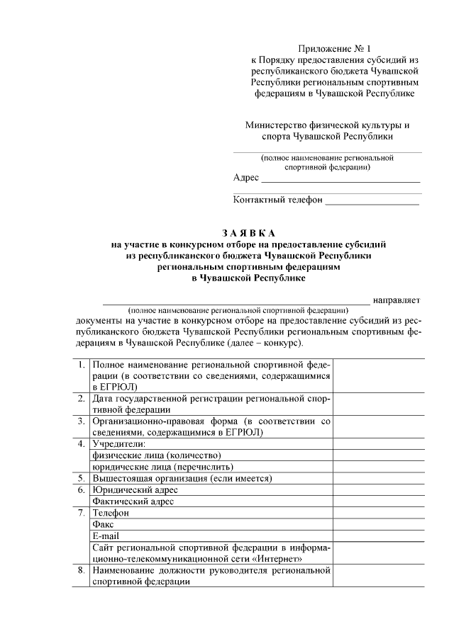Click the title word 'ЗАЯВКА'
248,233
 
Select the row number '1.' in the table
82,364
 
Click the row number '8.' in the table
82,569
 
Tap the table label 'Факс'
104,524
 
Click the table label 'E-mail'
106,535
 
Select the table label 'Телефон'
110,513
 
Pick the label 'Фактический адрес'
133,501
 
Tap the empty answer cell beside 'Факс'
379,524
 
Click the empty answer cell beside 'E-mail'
379,535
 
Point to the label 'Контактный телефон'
277,200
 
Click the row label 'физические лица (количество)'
152,455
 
